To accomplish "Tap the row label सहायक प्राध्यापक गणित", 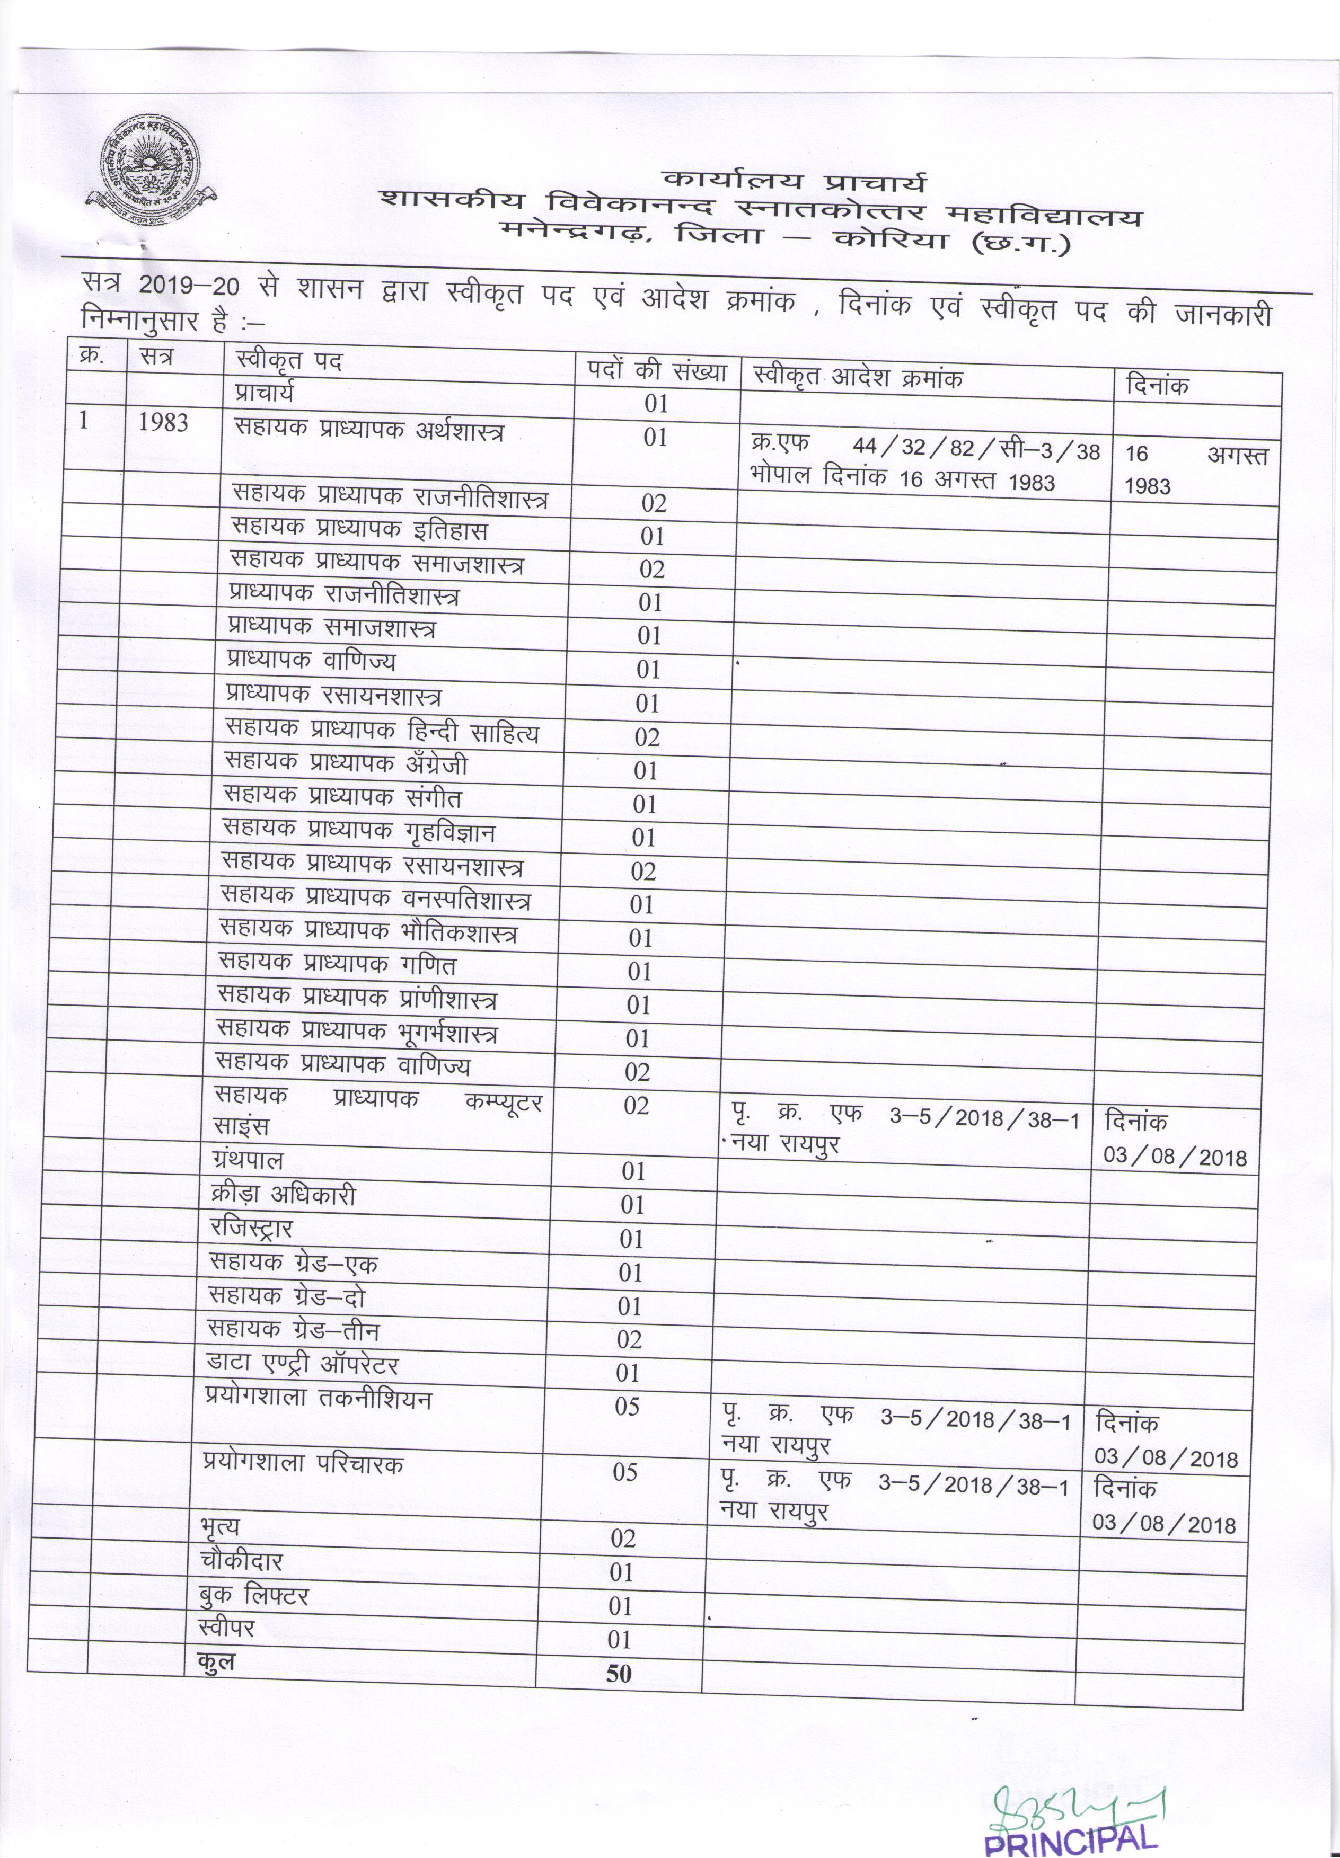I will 337,965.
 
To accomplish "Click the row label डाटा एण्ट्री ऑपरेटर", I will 303,1366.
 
